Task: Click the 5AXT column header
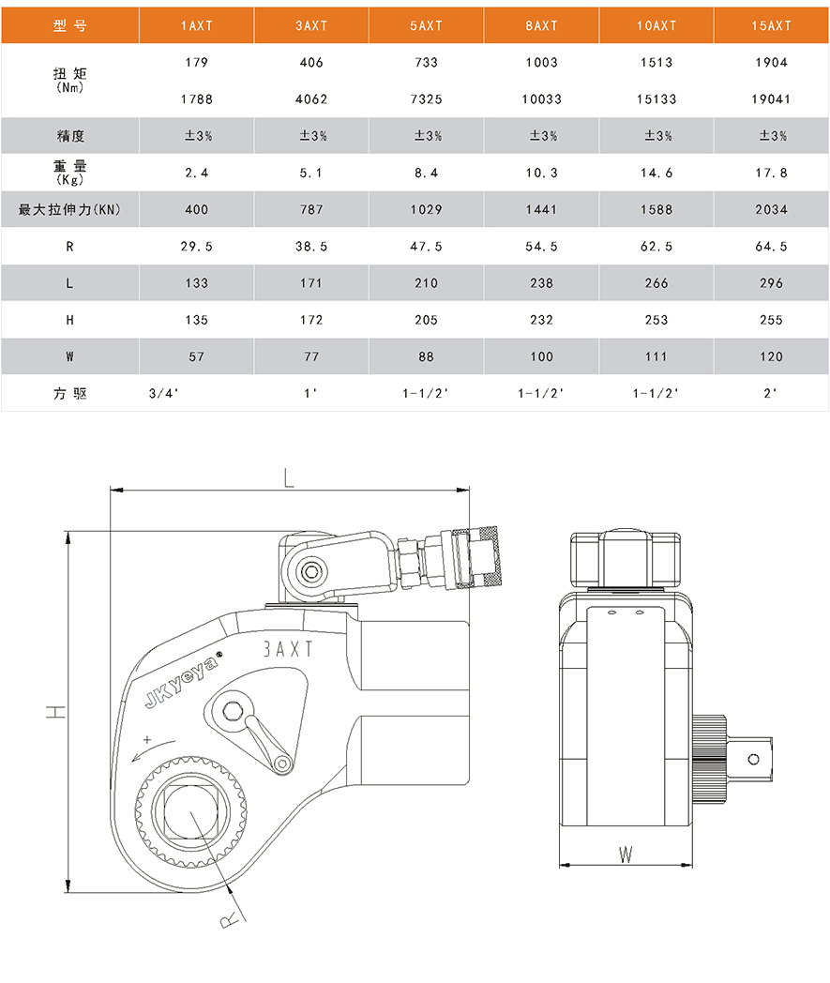[427, 25]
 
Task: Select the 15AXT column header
[771, 25]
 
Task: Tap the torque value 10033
[542, 99]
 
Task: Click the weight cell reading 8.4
[427, 173]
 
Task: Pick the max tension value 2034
[771, 209]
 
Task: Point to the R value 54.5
[542, 247]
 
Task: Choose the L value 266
[656, 283]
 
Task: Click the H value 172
[311, 320]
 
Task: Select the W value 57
[196, 356]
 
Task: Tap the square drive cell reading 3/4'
[163, 393]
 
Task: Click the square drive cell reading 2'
[770, 393]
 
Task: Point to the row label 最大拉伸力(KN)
[69, 209]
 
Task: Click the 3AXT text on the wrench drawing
[287, 649]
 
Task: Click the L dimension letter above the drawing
[288, 478]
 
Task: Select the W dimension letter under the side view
[626, 854]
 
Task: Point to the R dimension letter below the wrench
[230, 919]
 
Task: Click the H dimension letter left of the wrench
[55, 712]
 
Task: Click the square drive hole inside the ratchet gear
[190, 812]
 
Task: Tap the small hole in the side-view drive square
[753, 759]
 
